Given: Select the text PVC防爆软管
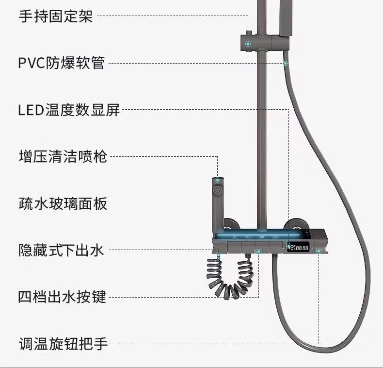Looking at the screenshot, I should pyautogui.click(x=61, y=63).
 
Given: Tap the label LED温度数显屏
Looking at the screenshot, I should pyautogui.click(x=68, y=110).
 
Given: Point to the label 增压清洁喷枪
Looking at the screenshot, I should pyautogui.click(x=63, y=156).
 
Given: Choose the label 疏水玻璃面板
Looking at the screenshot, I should pyautogui.click(x=63, y=203).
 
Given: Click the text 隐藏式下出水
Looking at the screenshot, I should pyautogui.click(x=61, y=250).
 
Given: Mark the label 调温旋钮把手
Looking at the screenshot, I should pyautogui.click(x=63, y=344).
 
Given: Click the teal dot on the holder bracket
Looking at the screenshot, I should pyautogui.click(x=248, y=44).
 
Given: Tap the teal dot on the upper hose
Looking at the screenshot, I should pyautogui.click(x=286, y=63).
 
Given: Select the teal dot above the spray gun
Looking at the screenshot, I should pyautogui.click(x=218, y=180).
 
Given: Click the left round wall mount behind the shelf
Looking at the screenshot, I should pyautogui.click(x=232, y=226).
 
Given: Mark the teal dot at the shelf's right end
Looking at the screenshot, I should pyautogui.click(x=319, y=251).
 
